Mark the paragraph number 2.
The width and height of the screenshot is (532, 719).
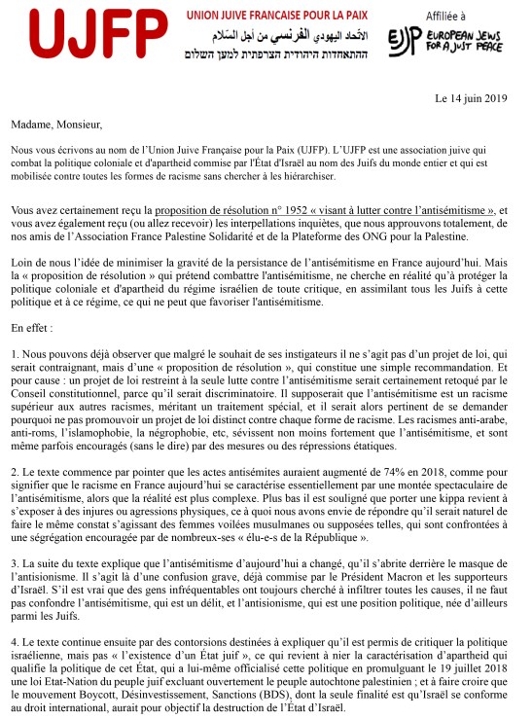(x=17, y=472)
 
